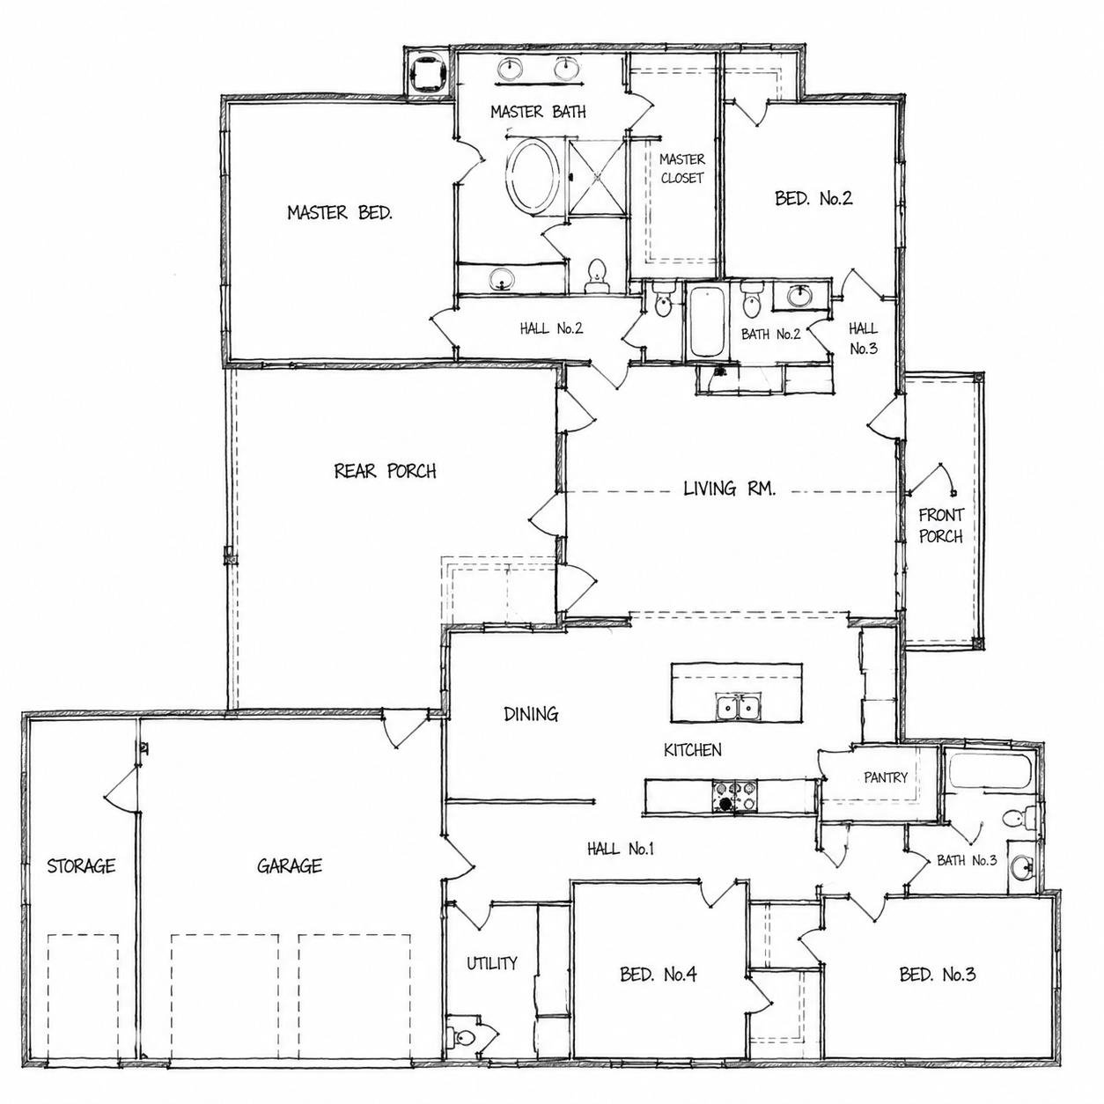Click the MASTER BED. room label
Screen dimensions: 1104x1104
340,213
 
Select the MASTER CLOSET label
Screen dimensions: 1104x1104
681,168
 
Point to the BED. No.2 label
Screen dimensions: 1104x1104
813,198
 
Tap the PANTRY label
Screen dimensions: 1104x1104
886,777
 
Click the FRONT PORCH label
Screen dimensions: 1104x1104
941,526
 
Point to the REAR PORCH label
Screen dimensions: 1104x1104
385,471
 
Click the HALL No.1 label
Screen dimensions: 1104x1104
621,849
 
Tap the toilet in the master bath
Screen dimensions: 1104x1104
597,276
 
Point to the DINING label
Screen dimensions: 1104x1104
531,714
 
